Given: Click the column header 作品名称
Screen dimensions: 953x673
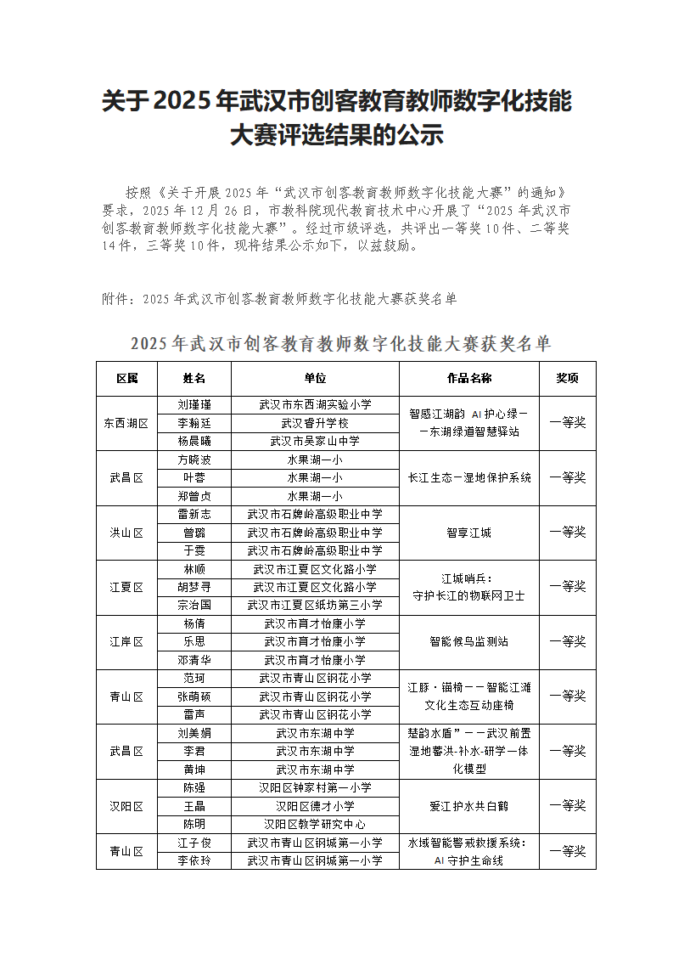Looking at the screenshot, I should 468,378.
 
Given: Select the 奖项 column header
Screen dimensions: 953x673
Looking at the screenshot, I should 567,378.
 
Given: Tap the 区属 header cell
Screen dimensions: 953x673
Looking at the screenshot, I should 126,378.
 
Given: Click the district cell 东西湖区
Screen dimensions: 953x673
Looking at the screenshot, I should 126,423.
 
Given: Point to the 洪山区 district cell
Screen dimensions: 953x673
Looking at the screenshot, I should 126,533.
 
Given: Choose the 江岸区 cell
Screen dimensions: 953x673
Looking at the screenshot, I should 126,641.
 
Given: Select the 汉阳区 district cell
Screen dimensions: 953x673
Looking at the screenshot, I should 126,805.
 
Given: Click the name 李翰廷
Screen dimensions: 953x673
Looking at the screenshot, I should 193,423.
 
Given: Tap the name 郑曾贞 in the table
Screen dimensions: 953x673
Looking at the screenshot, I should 193,496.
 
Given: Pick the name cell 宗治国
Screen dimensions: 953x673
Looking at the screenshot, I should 193,605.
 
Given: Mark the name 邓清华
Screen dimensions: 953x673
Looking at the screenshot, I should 193,660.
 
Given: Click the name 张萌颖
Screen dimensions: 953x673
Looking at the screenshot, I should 193,696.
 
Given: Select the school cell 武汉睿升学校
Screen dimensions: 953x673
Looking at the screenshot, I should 315,423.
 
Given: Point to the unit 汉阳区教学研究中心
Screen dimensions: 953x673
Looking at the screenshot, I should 315,824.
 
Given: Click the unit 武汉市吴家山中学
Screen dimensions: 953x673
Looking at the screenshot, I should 315,441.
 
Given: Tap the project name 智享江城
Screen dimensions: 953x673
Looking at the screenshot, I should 468,533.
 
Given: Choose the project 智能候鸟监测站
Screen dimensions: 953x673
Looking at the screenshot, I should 468,641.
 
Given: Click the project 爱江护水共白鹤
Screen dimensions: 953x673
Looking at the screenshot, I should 468,805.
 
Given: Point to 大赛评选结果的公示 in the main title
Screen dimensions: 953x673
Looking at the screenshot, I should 337,136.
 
